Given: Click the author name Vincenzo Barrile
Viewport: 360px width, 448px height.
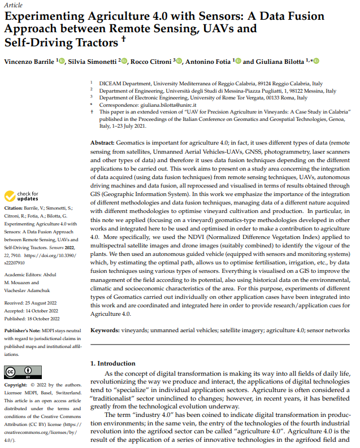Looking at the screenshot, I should click(x=29, y=61).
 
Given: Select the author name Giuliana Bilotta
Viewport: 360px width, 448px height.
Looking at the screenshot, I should click(x=280, y=61).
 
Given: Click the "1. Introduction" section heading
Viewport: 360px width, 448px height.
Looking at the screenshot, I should click(x=113, y=363).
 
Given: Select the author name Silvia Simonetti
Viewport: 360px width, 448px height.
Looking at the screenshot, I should click(x=92, y=61).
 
